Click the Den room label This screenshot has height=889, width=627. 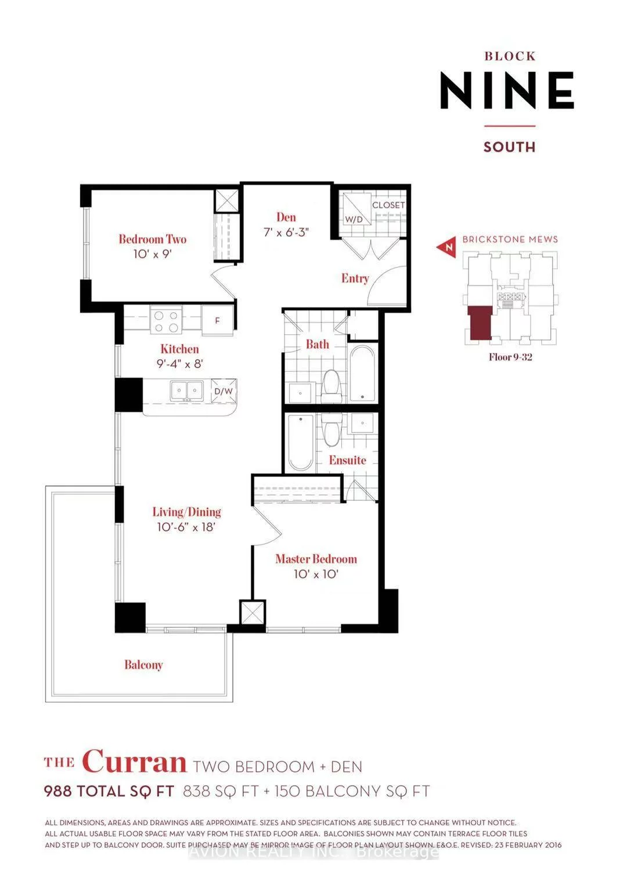(286, 218)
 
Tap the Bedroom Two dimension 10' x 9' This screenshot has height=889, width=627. (153, 254)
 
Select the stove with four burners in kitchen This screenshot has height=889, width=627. (166, 321)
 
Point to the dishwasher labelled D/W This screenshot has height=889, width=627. (224, 391)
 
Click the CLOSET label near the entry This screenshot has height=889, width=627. (388, 205)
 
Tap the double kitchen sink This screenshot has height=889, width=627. (186, 391)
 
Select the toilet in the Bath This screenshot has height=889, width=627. (331, 386)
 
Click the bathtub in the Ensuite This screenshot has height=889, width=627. (301, 442)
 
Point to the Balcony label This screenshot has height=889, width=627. (143, 665)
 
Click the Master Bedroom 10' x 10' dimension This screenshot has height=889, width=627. (316, 574)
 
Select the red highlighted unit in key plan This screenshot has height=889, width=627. (480, 323)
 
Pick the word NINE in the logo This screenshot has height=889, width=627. (507, 91)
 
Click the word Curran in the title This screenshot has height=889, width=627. (134, 762)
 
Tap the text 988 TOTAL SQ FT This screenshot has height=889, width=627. (109, 792)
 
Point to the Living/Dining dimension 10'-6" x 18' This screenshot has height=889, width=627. (186, 527)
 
